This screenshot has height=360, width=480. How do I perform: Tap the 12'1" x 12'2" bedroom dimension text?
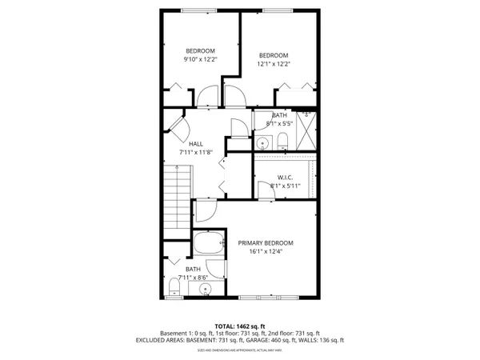click(274, 64)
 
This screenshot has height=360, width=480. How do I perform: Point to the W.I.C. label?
click(286, 177)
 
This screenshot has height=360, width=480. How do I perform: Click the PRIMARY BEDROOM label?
click(266, 243)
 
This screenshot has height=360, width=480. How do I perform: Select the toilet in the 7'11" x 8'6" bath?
click(174, 288)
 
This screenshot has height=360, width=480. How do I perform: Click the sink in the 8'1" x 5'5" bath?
click(263, 144)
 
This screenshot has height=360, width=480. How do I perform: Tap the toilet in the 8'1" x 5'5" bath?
click(282, 142)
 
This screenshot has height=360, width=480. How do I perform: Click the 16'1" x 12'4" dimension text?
click(266, 252)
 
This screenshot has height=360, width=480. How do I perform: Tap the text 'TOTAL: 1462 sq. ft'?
click(240, 326)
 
